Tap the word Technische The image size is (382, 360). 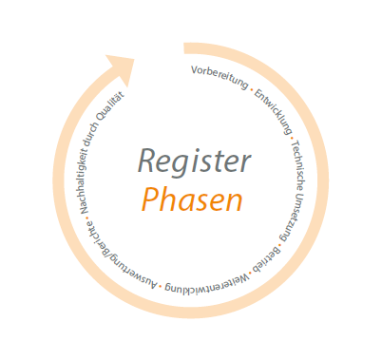coord(297,151)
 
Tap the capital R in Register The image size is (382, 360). coord(146,160)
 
